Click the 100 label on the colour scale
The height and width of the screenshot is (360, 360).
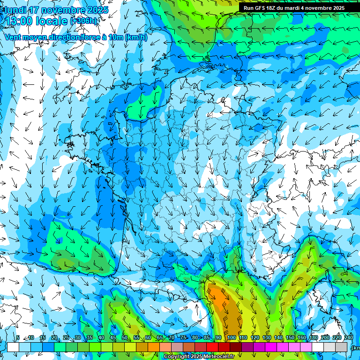tap(231, 337)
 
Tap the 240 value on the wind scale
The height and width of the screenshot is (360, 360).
tap(348, 337)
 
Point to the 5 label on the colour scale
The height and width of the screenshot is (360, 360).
tap(18, 337)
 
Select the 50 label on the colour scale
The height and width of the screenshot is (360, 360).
tap(125, 337)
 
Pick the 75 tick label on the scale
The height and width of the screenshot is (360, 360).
tap(183, 337)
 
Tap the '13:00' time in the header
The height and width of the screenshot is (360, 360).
tap(18, 21)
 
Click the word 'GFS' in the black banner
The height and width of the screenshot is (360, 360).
tap(261, 8)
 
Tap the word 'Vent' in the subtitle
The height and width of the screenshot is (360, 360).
tap(13, 37)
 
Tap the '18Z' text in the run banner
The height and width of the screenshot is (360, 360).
tap(274, 8)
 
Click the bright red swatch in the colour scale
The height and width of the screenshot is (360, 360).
tap(212, 347)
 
